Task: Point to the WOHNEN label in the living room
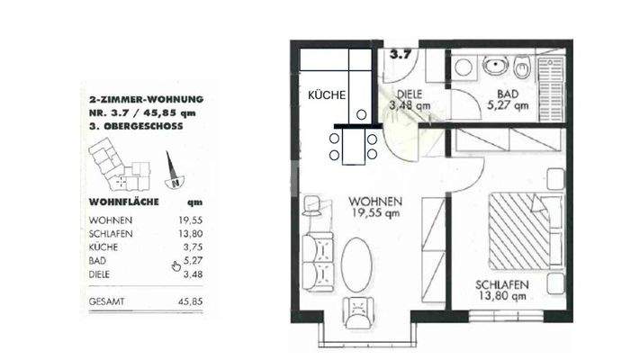pyautogui.click(x=376, y=201)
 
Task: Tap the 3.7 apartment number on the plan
pyautogui.click(x=401, y=53)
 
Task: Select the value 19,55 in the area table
pyautogui.click(x=192, y=220)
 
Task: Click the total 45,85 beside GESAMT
pyautogui.click(x=192, y=302)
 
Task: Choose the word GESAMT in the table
pyautogui.click(x=109, y=302)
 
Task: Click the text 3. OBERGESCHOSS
pyautogui.click(x=136, y=127)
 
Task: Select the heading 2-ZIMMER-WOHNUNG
pyautogui.click(x=146, y=99)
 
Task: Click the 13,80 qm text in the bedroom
pyautogui.click(x=502, y=300)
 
